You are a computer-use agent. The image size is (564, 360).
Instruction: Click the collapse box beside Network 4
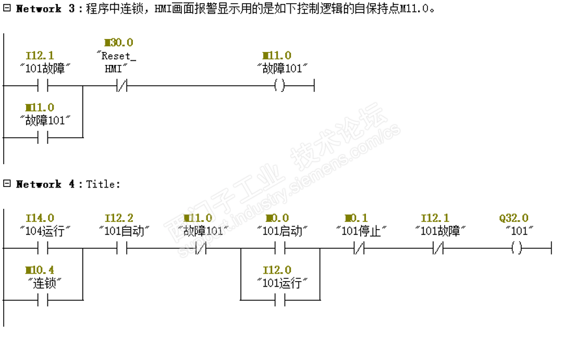click(7, 184)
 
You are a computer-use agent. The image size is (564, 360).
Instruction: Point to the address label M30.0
click(118, 42)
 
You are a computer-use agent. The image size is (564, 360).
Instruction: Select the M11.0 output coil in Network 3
click(279, 85)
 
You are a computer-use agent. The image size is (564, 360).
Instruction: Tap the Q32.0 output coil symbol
click(516, 248)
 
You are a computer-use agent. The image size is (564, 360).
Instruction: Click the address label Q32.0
click(513, 218)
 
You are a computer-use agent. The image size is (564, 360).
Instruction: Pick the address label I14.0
click(40, 218)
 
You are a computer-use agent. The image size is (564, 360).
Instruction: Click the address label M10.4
click(40, 270)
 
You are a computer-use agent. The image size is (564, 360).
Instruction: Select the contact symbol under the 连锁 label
click(43, 300)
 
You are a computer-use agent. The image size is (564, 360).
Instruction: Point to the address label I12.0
click(277, 270)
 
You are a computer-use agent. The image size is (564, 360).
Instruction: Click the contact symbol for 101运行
click(280, 300)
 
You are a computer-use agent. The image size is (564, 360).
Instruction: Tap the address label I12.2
click(119, 218)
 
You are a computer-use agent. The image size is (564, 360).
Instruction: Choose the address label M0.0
click(277, 218)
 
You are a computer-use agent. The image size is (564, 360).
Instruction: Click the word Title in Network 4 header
click(102, 184)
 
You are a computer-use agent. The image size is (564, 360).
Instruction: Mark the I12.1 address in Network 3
click(40, 56)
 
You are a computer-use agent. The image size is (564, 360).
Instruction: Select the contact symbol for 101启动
click(280, 248)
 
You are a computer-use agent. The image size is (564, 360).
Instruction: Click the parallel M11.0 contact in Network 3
click(43, 137)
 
